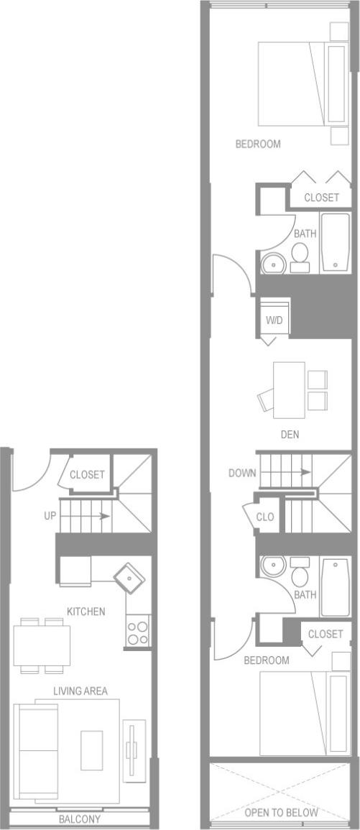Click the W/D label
274,320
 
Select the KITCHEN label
86,612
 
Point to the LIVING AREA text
80,691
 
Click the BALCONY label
80,819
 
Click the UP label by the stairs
50,515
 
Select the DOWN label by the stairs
241,473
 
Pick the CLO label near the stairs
266,517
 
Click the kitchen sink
129,576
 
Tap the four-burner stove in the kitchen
138,632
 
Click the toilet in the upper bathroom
300,256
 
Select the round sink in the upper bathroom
273,264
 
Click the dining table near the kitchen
42,645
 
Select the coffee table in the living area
92,750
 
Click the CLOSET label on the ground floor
87,475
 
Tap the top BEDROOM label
258,144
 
